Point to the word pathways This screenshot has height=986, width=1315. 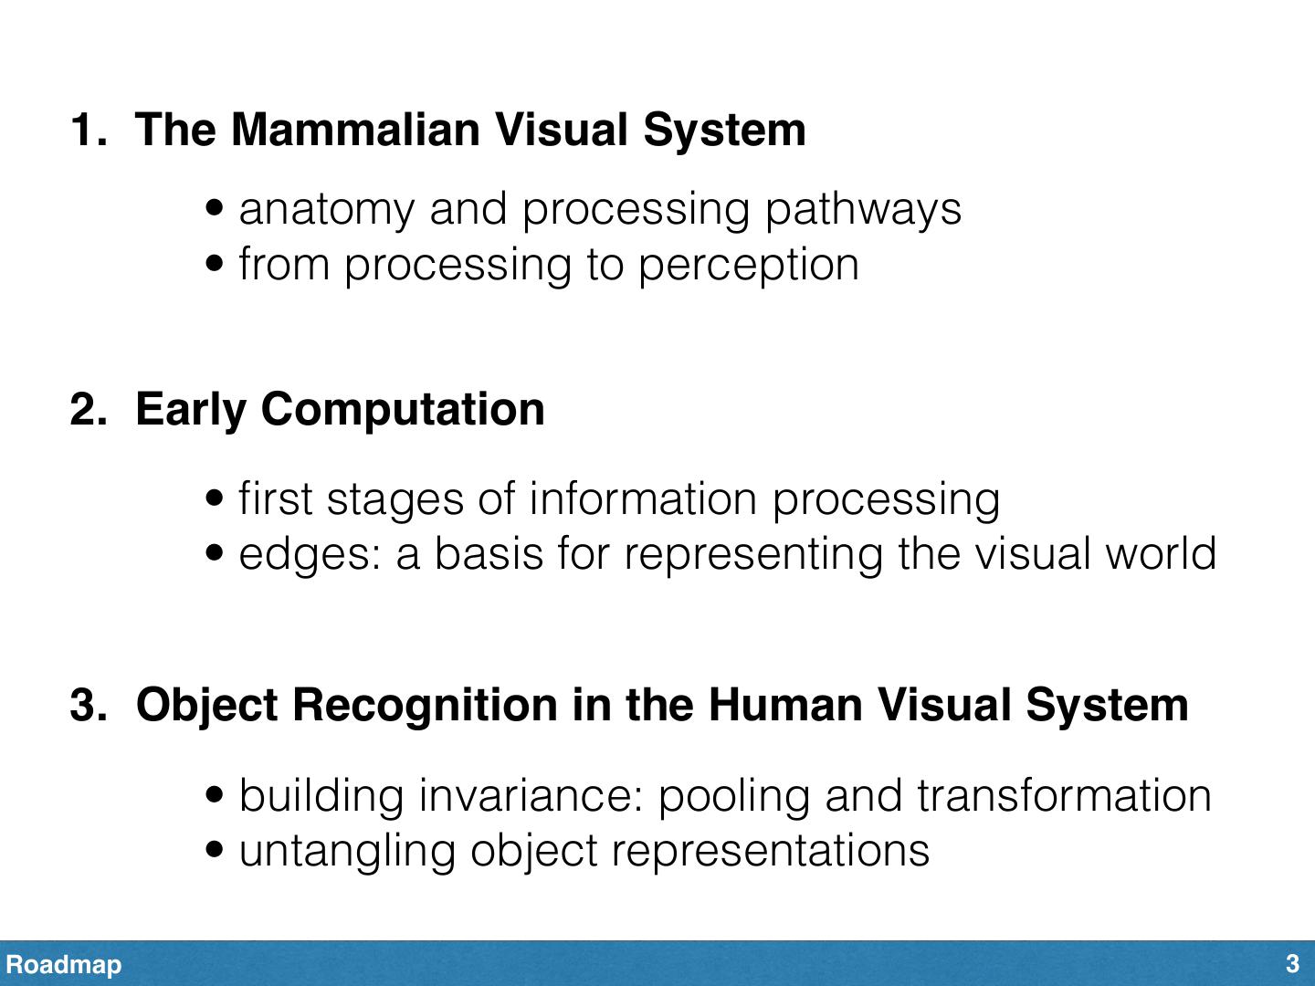click(x=863, y=210)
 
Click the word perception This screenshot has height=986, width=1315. click(x=748, y=266)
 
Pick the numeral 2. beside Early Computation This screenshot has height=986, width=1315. click(x=88, y=409)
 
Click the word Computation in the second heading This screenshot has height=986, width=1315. click(x=403, y=409)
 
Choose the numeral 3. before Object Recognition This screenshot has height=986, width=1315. click(x=88, y=706)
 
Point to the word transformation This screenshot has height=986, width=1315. click(x=1064, y=795)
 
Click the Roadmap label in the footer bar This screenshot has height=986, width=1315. click(x=64, y=964)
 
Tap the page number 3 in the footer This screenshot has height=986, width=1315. click(x=1292, y=964)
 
